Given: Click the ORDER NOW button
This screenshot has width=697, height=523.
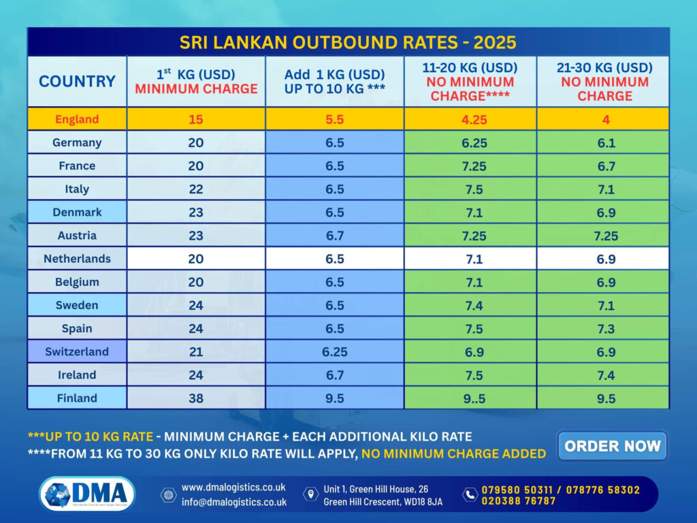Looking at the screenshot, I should click(x=612, y=446).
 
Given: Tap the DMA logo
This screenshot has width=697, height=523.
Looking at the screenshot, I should click(x=87, y=494).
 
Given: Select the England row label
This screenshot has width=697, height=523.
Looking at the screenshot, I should click(x=77, y=119).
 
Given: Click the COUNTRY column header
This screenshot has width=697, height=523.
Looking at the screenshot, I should click(x=77, y=81).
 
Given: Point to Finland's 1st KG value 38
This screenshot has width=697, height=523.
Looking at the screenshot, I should click(x=196, y=398).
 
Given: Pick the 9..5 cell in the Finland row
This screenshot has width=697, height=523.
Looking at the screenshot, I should click(x=470, y=398).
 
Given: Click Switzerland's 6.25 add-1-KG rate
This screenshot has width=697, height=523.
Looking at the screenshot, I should click(x=335, y=351).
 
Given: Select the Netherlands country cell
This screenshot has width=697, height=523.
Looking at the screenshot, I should click(x=77, y=259).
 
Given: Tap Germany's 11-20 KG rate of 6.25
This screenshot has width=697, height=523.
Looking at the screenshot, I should click(x=470, y=142).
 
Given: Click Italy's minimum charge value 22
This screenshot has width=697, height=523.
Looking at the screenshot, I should click(x=196, y=189).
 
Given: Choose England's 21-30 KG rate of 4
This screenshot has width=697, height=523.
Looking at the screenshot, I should click(x=605, y=119).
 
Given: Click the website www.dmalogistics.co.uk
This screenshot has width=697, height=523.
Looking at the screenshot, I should click(x=233, y=488).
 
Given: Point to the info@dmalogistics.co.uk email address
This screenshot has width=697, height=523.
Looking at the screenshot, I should click(x=233, y=502).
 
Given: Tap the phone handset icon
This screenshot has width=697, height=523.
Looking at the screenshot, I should click(x=470, y=494).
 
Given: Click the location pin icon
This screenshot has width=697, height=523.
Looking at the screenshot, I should click(x=311, y=494).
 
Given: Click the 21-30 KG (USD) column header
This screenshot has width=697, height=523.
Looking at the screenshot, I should click(x=605, y=81).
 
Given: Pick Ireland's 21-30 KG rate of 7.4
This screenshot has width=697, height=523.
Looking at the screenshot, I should click(x=605, y=375).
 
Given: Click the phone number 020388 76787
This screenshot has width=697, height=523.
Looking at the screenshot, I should click(x=519, y=501).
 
